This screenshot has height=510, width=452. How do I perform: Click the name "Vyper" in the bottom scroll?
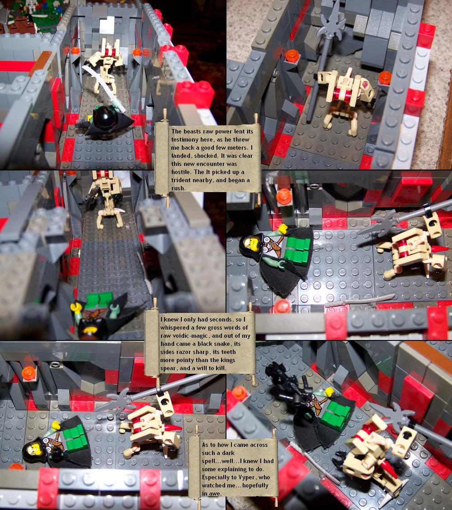(247, 477)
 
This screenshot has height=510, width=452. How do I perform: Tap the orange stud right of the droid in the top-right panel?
(384, 78)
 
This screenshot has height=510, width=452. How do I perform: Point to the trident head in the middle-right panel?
(378, 223)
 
